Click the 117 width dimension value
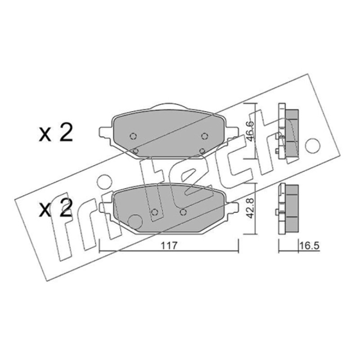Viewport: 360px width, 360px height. tap(169, 246)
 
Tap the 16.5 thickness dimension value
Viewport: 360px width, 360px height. tap(309, 246)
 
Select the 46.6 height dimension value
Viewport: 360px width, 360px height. tap(250, 131)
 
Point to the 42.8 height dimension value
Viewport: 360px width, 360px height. tap(250, 208)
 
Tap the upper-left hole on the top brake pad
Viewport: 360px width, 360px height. tap(133, 136)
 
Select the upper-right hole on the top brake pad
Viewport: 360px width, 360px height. tap(205, 136)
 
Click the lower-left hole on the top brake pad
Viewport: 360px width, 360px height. tap(136, 151)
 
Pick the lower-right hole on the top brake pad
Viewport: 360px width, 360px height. tap(202, 151)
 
